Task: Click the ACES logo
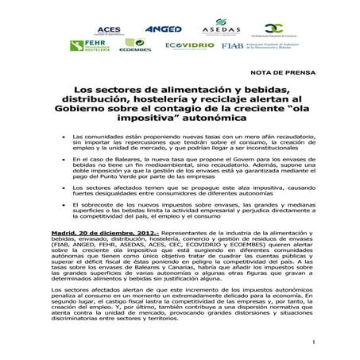110,29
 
